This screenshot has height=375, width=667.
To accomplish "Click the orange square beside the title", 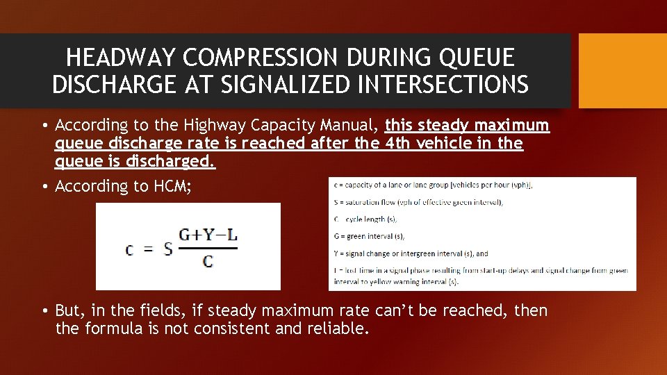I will (623, 71).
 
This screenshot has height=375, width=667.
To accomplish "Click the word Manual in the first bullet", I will (347, 126).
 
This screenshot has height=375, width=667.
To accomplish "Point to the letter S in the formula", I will (167, 248).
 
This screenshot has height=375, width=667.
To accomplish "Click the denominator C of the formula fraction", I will (208, 261).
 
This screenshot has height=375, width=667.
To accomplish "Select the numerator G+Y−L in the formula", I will (208, 235).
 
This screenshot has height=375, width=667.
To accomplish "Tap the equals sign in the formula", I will (148, 249).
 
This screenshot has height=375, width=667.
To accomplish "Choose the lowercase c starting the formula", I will (131, 249).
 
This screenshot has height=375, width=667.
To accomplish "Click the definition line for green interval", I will (369, 236).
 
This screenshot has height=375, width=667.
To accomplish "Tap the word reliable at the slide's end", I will (338, 328).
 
